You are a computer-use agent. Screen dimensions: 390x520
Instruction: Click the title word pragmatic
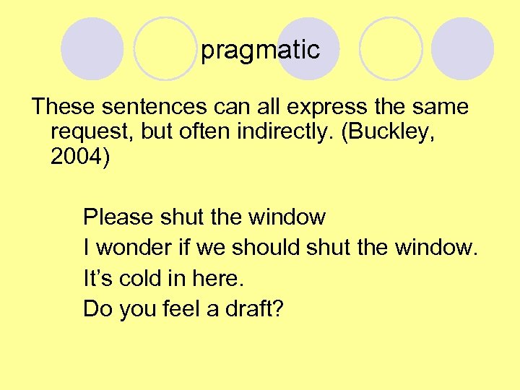260,50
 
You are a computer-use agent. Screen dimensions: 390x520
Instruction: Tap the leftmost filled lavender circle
92,49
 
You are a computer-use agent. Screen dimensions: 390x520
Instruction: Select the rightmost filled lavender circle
463,49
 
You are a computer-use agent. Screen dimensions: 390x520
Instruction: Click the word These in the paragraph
64,107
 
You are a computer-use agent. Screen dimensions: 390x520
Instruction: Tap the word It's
97,279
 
